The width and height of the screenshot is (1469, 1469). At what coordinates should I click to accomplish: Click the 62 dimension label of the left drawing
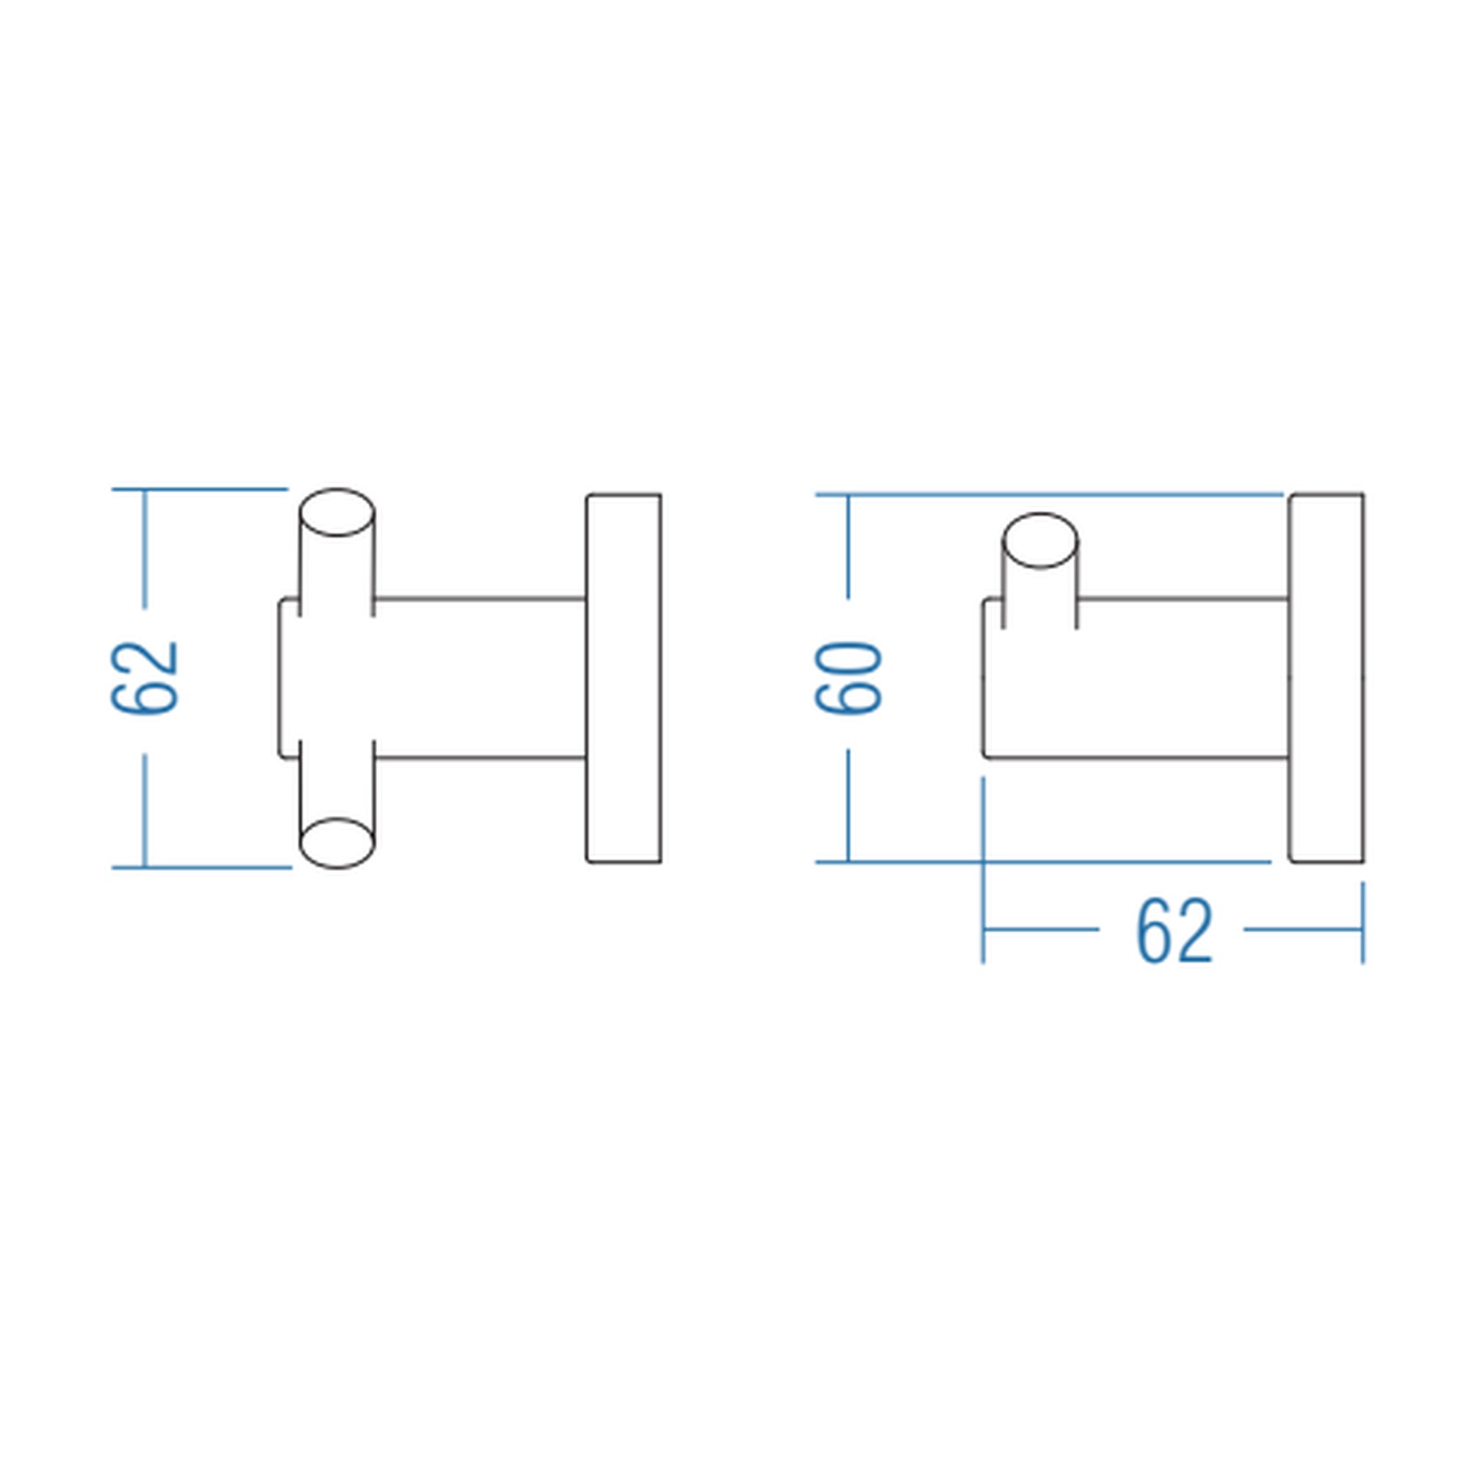click(145, 677)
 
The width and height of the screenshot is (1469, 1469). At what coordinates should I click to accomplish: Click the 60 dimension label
click(848, 677)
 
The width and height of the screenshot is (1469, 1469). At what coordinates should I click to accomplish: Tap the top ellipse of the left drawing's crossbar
click(337, 513)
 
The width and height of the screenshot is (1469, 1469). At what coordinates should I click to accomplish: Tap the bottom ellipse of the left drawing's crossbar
click(337, 842)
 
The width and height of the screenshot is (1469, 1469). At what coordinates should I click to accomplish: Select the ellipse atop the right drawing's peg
click(1041, 541)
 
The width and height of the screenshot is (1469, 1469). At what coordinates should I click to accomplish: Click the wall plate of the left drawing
click(624, 678)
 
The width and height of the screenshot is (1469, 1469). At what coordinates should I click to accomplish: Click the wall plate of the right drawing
click(1327, 678)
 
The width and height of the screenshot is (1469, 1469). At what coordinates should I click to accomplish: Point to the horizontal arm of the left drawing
click(480, 678)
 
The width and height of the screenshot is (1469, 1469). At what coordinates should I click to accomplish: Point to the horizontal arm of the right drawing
click(1137, 678)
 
